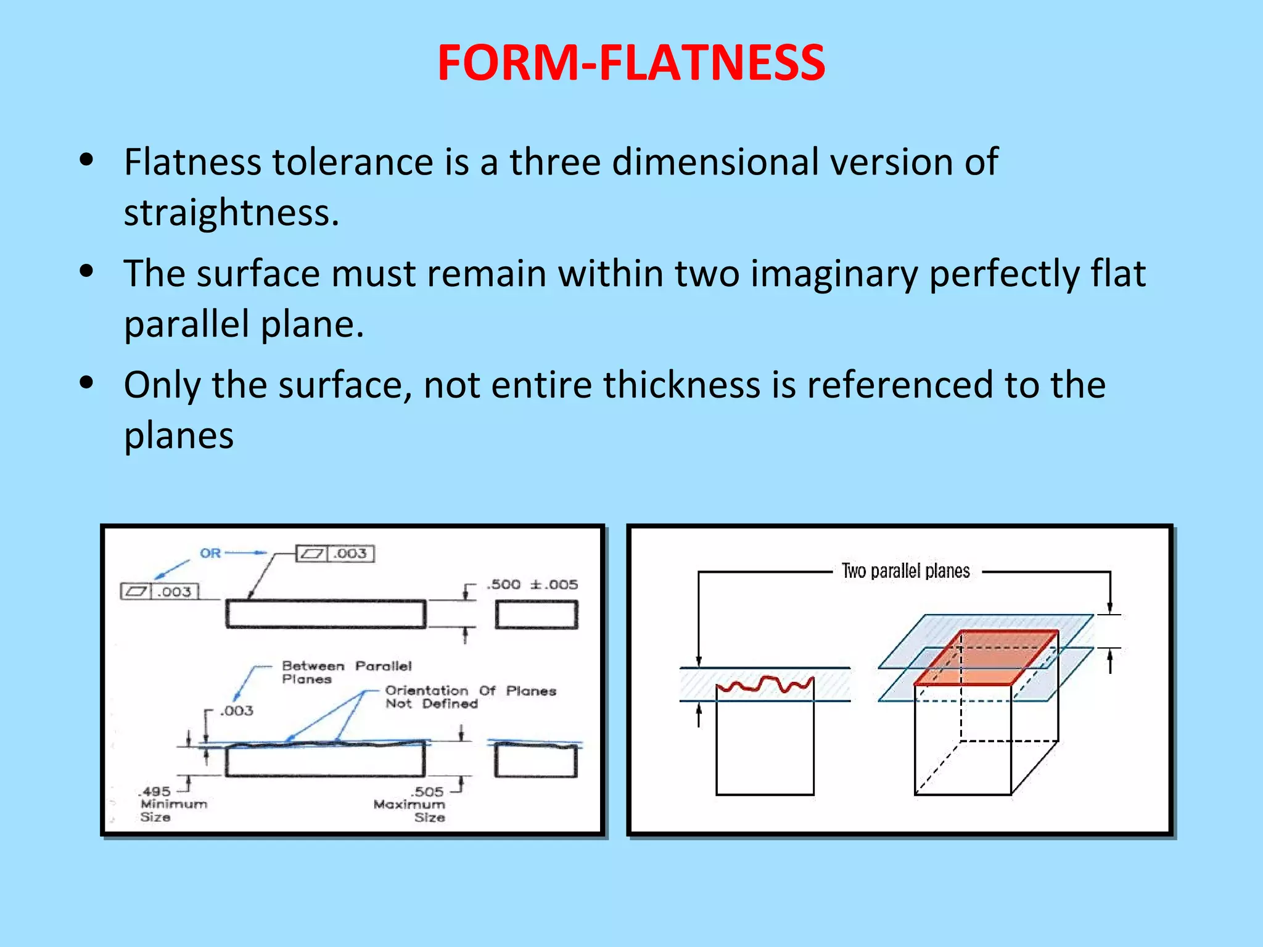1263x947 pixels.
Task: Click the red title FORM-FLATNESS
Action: click(x=631, y=63)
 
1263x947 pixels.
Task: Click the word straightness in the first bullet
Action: click(x=231, y=213)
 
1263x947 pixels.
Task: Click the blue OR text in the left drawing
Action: click(x=210, y=553)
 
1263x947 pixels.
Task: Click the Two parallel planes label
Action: click(x=905, y=572)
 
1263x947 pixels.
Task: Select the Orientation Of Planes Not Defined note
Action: click(x=470, y=697)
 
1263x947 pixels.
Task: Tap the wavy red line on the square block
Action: click(x=765, y=684)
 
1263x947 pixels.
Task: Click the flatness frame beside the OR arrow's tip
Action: click(x=335, y=554)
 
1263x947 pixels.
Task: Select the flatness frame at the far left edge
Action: click(x=160, y=592)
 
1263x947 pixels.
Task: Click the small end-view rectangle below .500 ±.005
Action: click(x=537, y=615)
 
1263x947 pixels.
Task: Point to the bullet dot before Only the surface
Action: click(x=86, y=382)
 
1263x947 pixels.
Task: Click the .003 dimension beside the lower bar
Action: click(x=237, y=711)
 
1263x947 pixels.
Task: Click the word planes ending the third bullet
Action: click(x=179, y=435)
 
